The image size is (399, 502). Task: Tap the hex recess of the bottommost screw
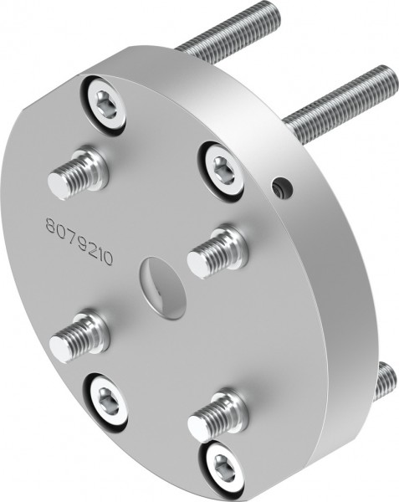(x=223, y=467)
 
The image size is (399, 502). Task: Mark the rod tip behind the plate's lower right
(x=384, y=381)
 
